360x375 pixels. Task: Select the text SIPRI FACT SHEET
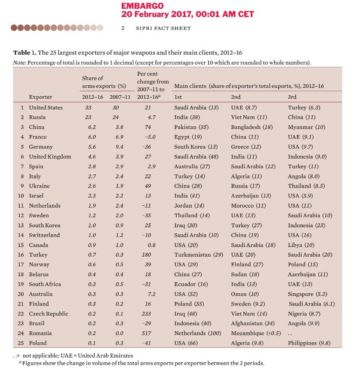point(163,28)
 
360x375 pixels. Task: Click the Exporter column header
point(40,97)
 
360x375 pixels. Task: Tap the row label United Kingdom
point(50,156)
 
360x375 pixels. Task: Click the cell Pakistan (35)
point(192,127)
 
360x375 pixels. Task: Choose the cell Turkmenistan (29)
point(199,255)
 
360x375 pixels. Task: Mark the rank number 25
point(20,343)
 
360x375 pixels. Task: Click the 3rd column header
point(292,97)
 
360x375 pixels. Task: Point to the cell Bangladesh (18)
point(252,127)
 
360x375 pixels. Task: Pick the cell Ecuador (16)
point(191,284)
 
